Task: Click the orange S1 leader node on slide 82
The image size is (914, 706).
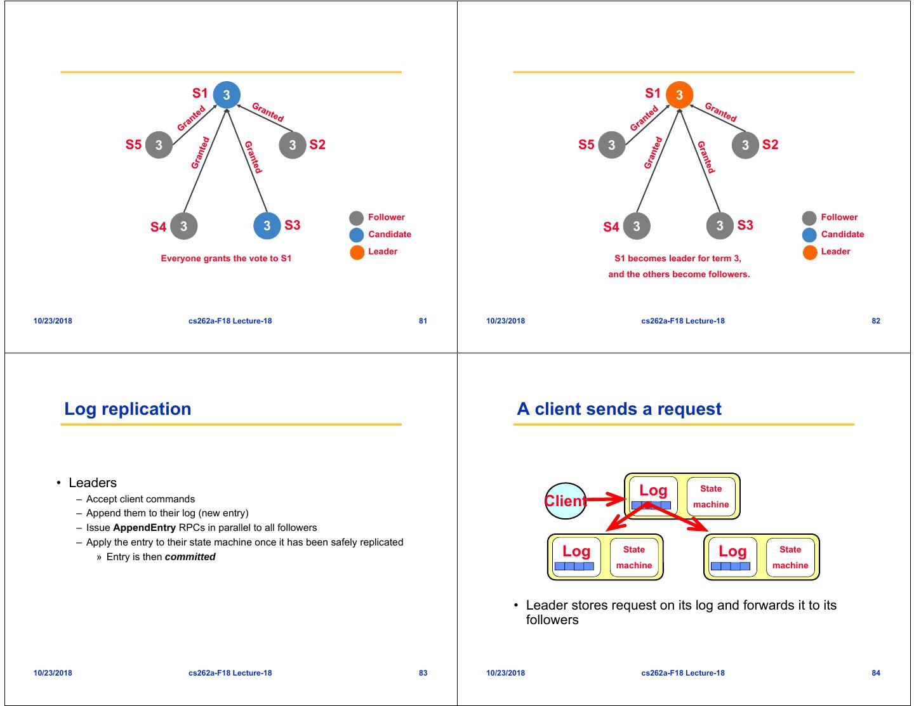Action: click(679, 95)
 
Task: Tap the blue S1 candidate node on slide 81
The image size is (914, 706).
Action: click(227, 95)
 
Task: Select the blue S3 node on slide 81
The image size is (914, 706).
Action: click(267, 226)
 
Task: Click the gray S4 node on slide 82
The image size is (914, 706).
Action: click(637, 226)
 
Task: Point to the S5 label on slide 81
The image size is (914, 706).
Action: click(133, 145)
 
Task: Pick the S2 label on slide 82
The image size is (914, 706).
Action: click(770, 145)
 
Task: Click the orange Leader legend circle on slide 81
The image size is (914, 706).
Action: click(357, 252)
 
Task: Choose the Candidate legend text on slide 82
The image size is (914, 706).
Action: click(842, 234)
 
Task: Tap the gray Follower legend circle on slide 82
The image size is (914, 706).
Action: click(809, 218)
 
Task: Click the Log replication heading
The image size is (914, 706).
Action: click(128, 409)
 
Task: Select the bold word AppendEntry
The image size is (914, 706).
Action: click(144, 528)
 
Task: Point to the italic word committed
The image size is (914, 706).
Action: click(190, 557)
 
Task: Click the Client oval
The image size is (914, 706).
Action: click(566, 501)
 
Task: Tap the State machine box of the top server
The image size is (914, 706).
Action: click(711, 496)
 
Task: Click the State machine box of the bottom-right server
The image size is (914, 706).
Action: click(790, 557)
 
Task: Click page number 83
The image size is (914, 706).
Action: click(423, 673)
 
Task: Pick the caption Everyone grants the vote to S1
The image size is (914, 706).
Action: click(226, 258)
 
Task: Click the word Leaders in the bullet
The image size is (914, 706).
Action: click(93, 483)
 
